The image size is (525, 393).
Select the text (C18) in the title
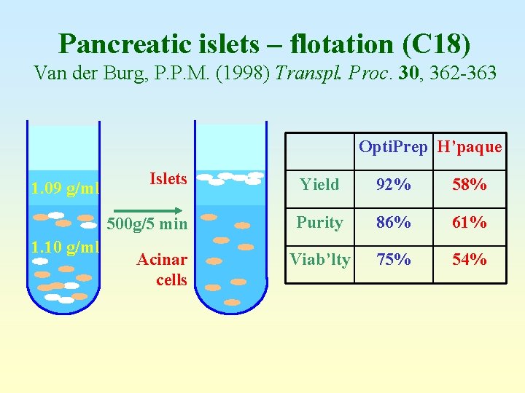tap(436, 44)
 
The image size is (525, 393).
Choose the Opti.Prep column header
tap(393, 147)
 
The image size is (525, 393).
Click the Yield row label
tap(320, 185)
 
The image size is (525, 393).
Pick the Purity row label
tap(319, 223)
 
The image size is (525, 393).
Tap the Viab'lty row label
tap(320, 259)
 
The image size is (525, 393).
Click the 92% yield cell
tap(393, 185)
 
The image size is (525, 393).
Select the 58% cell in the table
tap(469, 185)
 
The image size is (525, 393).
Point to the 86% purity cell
tap(393, 223)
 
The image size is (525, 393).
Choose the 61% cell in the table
tap(469, 223)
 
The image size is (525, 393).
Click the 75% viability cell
tap(393, 260)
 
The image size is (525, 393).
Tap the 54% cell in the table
tap(469, 260)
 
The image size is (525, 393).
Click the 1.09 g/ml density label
tap(65, 189)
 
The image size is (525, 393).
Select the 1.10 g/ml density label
tap(65, 247)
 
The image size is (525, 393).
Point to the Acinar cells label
tap(163, 269)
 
